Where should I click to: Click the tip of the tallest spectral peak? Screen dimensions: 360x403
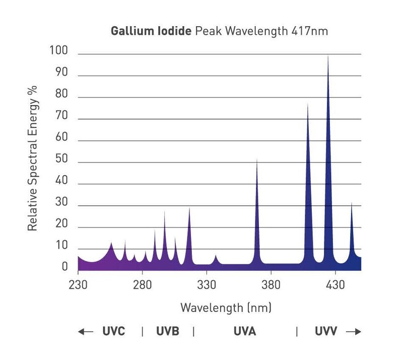tap(328, 55)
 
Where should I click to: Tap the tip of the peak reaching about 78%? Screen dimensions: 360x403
tap(308, 104)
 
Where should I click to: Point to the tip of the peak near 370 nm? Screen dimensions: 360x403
tap(257, 159)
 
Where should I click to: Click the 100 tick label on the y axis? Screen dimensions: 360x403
tap(59, 50)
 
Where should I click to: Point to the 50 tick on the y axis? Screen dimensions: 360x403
tap(61, 162)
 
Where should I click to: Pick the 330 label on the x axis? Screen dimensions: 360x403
tap(207, 285)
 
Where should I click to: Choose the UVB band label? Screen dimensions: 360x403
tap(167, 331)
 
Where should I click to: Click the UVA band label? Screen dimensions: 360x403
tap(245, 331)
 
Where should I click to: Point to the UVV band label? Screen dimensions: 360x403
tap(326, 331)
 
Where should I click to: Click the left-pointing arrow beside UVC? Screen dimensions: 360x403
tap(86, 331)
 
